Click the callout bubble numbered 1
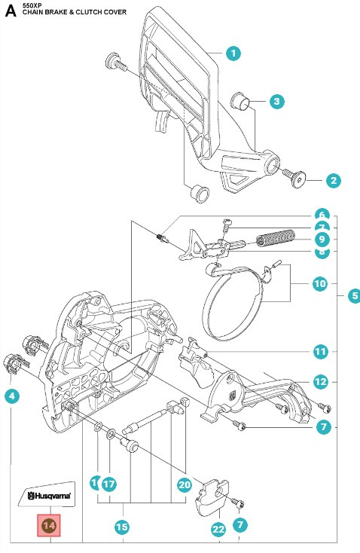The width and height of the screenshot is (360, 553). pyautogui.click(x=233, y=53)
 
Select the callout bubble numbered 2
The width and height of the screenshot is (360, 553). pyautogui.click(x=333, y=180)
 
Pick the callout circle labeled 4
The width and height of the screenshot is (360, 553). pyautogui.click(x=12, y=395)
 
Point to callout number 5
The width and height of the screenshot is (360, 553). pyautogui.click(x=353, y=296)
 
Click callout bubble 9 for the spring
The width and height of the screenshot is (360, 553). pyautogui.click(x=321, y=240)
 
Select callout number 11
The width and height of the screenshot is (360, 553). pyautogui.click(x=321, y=351)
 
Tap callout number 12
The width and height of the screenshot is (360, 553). pyautogui.click(x=321, y=382)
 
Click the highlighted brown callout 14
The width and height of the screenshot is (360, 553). pyautogui.click(x=50, y=525)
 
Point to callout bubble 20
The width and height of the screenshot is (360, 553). pyautogui.click(x=184, y=484)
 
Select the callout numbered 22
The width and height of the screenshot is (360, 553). pyautogui.click(x=218, y=530)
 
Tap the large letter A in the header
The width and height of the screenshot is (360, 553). pyautogui.click(x=11, y=11)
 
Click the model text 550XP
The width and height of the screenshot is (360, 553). pyautogui.click(x=34, y=5)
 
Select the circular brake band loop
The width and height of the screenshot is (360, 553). pyautogui.click(x=235, y=299)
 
